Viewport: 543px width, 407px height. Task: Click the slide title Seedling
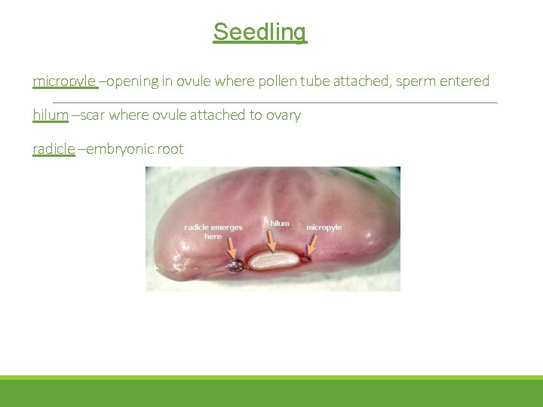[259, 32]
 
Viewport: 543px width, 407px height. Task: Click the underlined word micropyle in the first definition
[64, 81]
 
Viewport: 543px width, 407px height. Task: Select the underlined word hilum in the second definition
[50, 115]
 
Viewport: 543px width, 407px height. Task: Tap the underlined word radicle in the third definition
[54, 149]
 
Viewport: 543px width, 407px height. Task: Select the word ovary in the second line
[282, 115]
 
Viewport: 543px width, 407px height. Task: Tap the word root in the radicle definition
[170, 149]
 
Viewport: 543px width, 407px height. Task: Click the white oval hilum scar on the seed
[274, 261]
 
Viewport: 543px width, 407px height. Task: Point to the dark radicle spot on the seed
[236, 265]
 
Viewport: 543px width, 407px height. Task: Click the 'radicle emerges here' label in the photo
[213, 231]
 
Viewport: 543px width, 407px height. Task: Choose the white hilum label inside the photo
[279, 223]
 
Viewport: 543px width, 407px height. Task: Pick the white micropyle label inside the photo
[324, 228]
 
